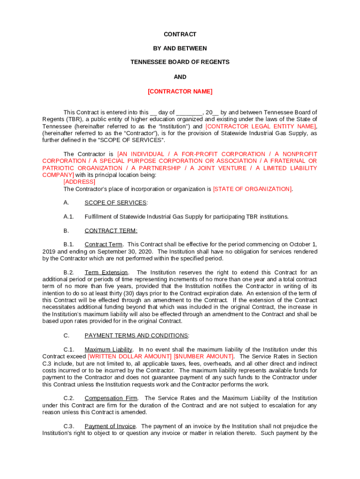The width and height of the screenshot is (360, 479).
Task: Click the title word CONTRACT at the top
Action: [180, 35]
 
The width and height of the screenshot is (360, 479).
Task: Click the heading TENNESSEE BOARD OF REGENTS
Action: [180, 62]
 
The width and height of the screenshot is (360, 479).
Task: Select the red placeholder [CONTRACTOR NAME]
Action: [180, 92]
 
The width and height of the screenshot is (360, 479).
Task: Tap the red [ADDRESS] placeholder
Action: [79, 182]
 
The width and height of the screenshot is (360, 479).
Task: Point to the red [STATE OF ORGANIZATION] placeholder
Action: [252, 189]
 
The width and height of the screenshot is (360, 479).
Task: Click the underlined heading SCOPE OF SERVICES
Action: [115, 203]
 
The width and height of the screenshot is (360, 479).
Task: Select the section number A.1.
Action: [69, 217]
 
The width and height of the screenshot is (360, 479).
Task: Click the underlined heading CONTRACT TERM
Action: [111, 231]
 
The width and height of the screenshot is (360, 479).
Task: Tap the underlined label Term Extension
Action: [106, 273]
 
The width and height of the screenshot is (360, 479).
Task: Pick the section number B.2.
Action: [69, 273]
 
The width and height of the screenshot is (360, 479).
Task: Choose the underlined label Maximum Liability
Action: [108, 349]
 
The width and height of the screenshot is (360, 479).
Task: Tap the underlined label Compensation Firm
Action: [111, 398]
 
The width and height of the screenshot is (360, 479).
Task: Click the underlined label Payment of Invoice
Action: [110, 426]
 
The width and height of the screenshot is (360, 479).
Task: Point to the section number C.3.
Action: [69, 426]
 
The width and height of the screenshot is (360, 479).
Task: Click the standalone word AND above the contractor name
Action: [180, 77]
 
